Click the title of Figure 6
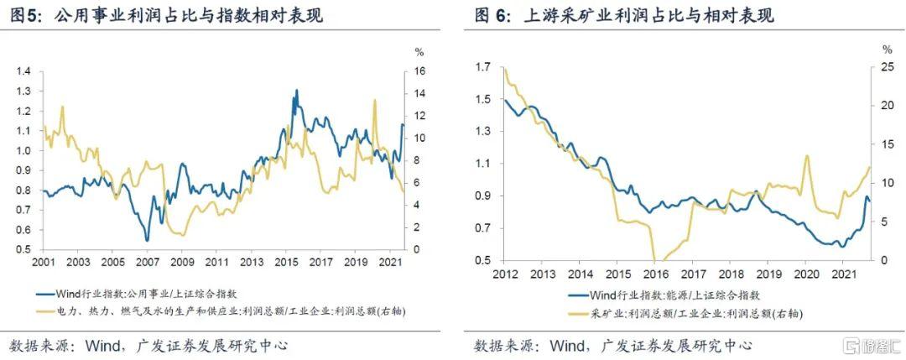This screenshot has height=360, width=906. click(624, 16)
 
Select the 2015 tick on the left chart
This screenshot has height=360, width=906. click(284, 262)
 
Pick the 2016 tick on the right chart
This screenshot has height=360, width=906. click(654, 274)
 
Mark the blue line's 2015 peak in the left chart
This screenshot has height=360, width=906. click(296, 91)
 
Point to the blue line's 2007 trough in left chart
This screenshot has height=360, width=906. click(147, 241)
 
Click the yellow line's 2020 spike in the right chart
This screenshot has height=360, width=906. click(807, 156)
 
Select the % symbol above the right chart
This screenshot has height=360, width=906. click(887, 50)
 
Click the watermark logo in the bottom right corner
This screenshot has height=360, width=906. click(872, 346)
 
